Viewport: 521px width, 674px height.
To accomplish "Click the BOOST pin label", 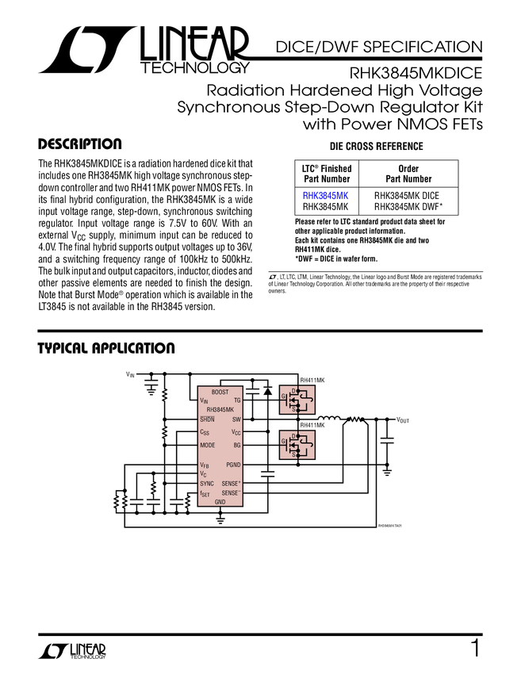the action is click(220, 393).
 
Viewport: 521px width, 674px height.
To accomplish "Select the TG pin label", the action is click(237, 401).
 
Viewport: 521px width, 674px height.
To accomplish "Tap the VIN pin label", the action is click(204, 401).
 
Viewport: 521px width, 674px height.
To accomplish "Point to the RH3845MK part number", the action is click(220, 410).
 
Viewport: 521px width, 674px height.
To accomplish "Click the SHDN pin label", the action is click(207, 419).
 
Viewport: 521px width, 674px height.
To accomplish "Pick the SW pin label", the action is click(236, 419).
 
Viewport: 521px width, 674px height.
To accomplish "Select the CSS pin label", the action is click(205, 433).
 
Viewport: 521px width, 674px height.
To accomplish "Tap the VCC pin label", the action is click(236, 433).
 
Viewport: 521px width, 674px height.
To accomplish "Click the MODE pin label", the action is click(208, 446).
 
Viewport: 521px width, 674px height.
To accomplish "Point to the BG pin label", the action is click(237, 446).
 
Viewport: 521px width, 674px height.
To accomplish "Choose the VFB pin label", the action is click(205, 465).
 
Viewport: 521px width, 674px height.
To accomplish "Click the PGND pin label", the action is click(233, 465).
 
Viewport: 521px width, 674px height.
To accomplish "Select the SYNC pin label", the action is click(207, 484).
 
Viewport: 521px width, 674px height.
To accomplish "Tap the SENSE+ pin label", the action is click(231, 484).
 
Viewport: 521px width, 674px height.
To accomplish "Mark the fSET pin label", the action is click(205, 493).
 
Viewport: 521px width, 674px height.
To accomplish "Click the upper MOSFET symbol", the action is click(297, 400).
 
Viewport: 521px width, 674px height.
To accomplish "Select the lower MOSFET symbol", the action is click(297, 445).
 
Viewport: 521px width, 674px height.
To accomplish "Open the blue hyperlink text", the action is click(325, 195).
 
